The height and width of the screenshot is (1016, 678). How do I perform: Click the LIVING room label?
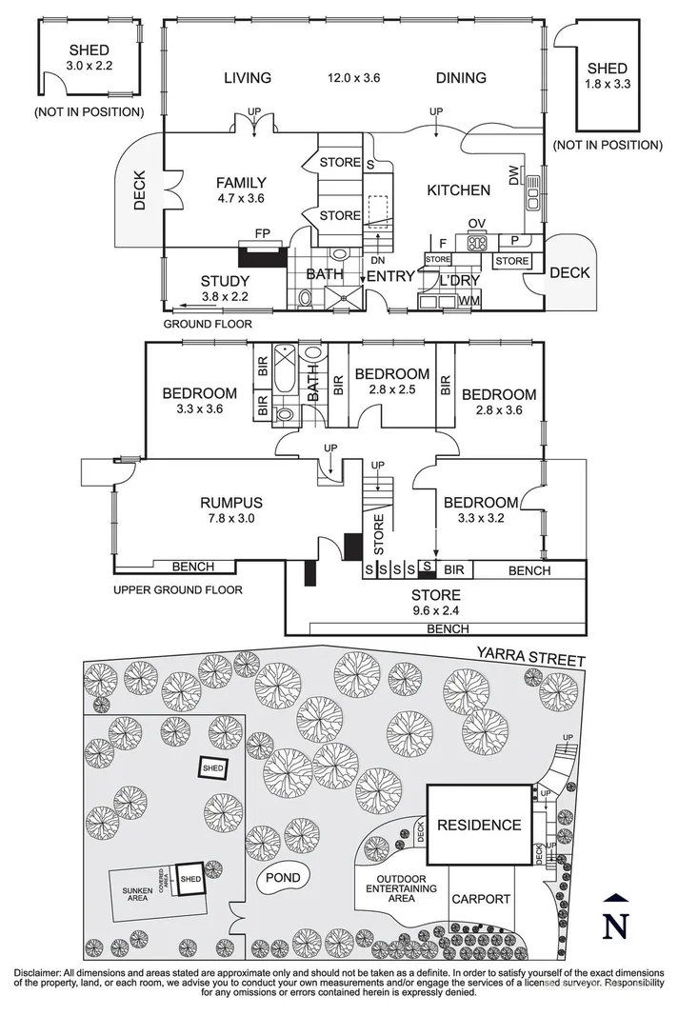pos(248,78)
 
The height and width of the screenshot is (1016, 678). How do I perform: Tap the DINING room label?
pos(461,78)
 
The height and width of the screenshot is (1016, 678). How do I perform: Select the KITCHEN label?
pos(458,190)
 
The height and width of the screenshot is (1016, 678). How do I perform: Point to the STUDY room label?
pos(225,281)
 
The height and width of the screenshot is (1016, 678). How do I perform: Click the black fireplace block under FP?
pos(264,254)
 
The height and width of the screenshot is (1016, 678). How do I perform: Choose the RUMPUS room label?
pos(231,503)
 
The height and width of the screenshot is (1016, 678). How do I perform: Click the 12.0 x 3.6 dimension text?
pos(354,78)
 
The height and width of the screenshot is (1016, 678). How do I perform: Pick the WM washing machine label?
pos(468,301)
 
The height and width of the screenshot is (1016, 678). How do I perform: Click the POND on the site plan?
pos(283,878)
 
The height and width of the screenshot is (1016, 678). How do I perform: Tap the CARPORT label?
pos(481,899)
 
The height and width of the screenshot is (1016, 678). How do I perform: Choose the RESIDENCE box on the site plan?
pos(479,826)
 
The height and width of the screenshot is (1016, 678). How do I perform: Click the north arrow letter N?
pos(618,925)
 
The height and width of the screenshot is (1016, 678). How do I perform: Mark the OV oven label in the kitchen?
pos(478,224)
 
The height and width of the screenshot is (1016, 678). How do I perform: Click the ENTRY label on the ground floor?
pos(391,277)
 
